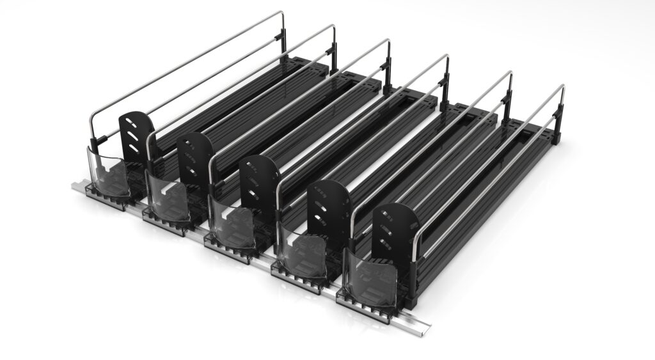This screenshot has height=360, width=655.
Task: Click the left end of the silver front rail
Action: coord(73,186)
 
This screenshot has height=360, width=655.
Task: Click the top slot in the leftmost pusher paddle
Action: coord(134,120)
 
